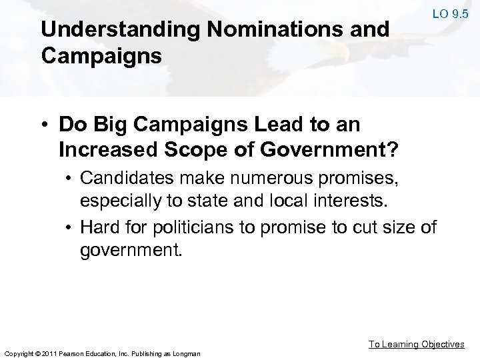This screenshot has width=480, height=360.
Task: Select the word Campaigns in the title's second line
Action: (101, 55)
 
